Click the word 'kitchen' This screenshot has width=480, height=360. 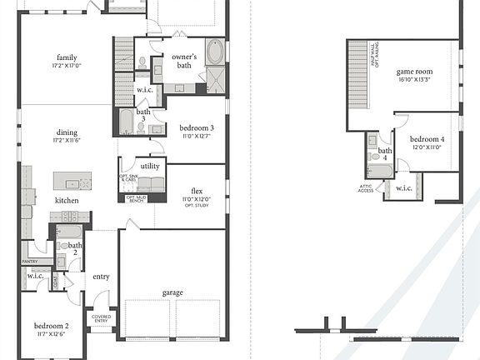(x=67, y=201)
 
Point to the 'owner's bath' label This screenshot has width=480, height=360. (x=183, y=59)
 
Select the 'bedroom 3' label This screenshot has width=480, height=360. (x=197, y=127)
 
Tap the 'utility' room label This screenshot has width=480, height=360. (x=150, y=166)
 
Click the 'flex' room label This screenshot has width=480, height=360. (x=197, y=190)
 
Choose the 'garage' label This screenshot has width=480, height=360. (x=173, y=292)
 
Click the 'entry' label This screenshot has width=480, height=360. (x=102, y=277)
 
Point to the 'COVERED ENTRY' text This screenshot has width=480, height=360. (x=102, y=319)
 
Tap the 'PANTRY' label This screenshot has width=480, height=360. (x=30, y=262)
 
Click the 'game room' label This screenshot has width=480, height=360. (x=414, y=72)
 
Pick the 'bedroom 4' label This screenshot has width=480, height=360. (x=427, y=138)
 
